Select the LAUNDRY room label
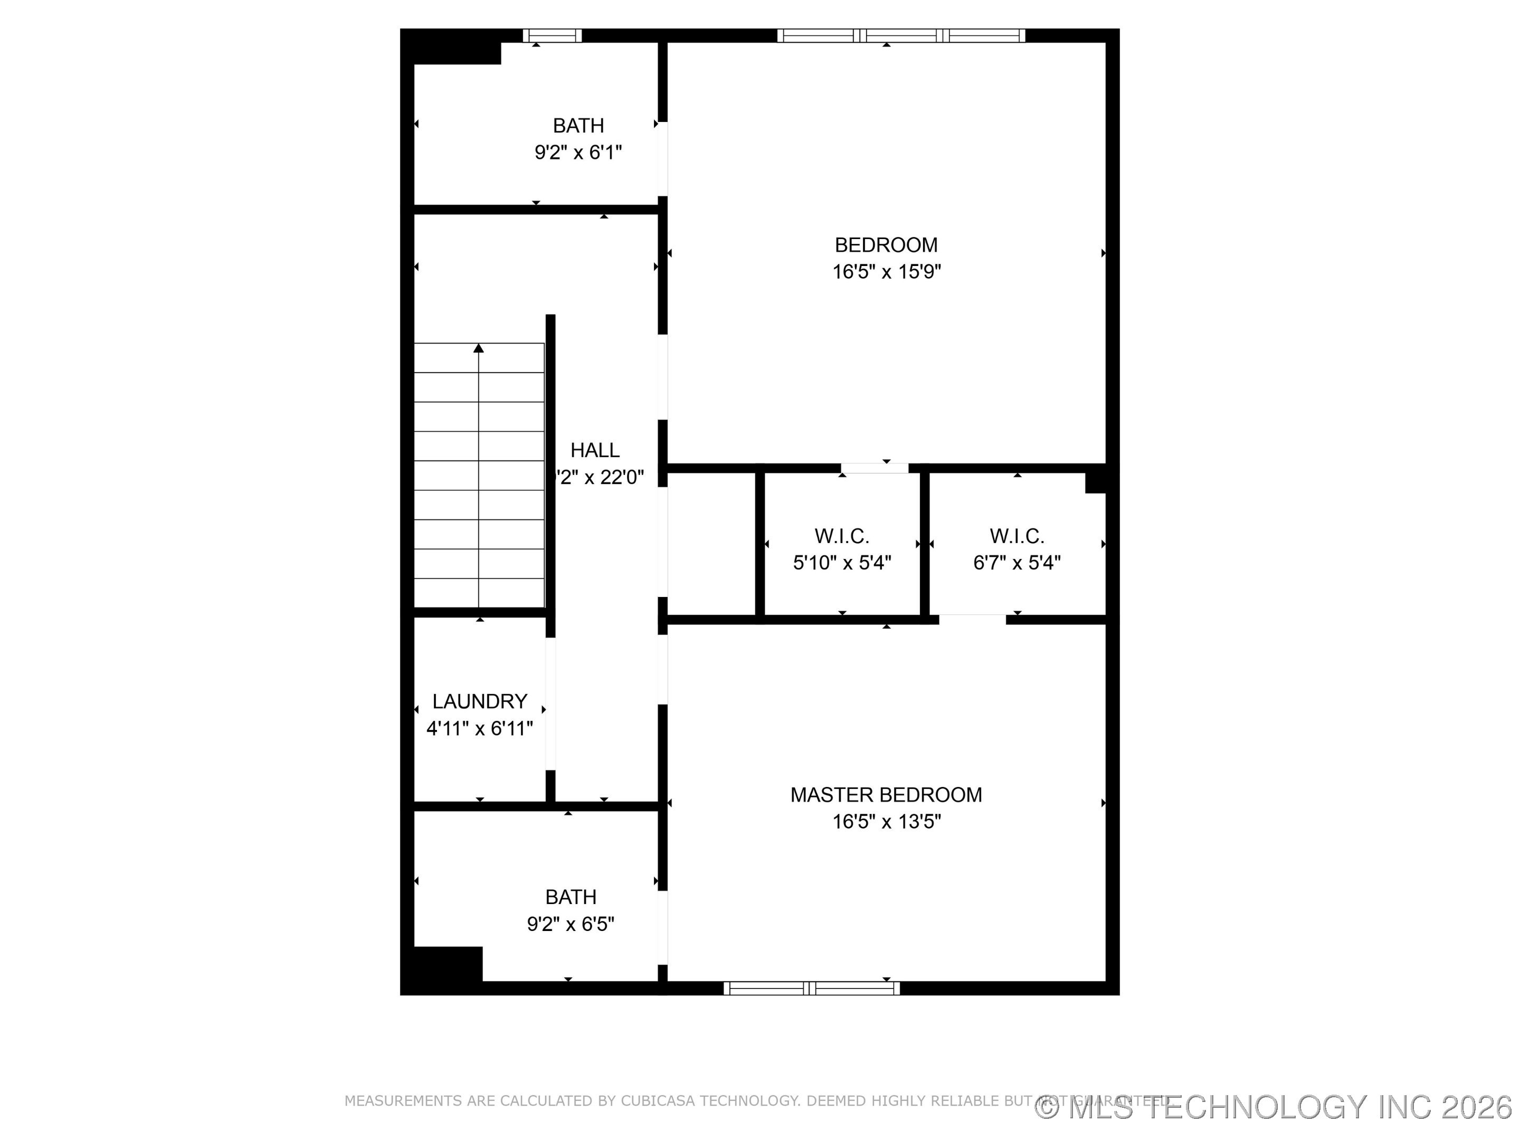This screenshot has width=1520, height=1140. click(x=480, y=701)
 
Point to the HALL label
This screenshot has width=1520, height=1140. click(x=595, y=450)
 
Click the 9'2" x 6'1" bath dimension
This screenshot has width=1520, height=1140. click(x=578, y=153)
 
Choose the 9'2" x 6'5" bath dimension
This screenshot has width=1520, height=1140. click(x=571, y=924)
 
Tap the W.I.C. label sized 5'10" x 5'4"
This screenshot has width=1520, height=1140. click(x=842, y=536)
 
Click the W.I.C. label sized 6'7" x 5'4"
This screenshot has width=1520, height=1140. click(x=1017, y=536)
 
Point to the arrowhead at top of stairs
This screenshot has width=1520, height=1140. click(x=479, y=348)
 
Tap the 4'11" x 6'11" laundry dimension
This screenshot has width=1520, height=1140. click(x=480, y=728)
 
